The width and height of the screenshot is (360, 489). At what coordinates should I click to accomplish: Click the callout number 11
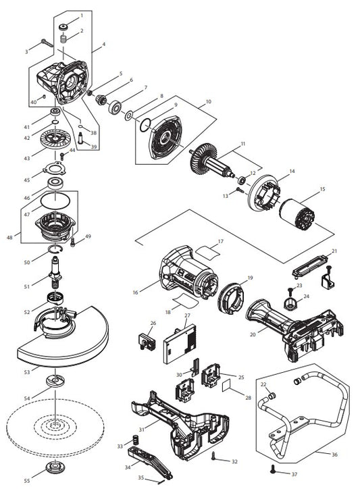(x=242, y=145)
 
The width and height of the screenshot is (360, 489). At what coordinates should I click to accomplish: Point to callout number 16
(x=135, y=292)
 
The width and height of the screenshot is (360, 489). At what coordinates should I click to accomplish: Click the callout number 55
(x=26, y=480)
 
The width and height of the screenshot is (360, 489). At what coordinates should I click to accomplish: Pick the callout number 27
(x=187, y=315)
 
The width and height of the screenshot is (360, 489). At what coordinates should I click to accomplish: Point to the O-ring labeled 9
(x=143, y=125)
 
